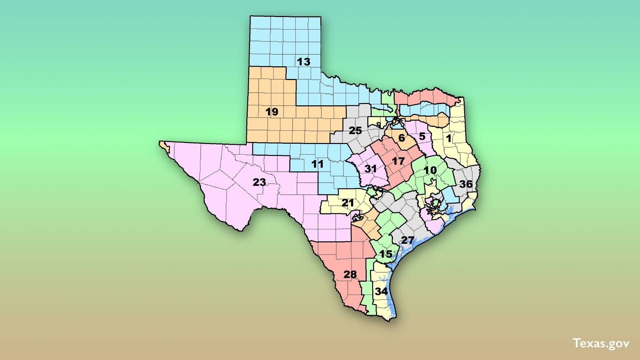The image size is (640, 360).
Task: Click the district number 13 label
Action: (303, 62)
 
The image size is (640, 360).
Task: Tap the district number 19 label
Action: (272, 112)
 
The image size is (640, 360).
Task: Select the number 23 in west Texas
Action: (259, 182)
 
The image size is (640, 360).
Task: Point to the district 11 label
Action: (317, 164)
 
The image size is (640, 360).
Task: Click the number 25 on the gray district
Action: (355, 130)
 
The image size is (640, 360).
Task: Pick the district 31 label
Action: (370, 169)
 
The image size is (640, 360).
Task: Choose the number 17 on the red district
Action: (398, 161)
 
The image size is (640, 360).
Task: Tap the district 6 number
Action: (402, 138)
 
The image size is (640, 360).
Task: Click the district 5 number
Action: (422, 136)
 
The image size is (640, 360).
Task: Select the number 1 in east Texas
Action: (449, 138)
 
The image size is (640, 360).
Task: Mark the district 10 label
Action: (430, 170)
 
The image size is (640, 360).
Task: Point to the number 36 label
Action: (466, 184)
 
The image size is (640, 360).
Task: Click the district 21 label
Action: (348, 203)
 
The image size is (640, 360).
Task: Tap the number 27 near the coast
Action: (407, 240)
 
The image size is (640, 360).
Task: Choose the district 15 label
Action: (386, 254)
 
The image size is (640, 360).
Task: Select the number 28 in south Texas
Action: (350, 274)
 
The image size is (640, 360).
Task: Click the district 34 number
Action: (381, 291)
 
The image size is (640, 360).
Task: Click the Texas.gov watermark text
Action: (601, 344)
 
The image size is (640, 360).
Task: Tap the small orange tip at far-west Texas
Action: (162, 144)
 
